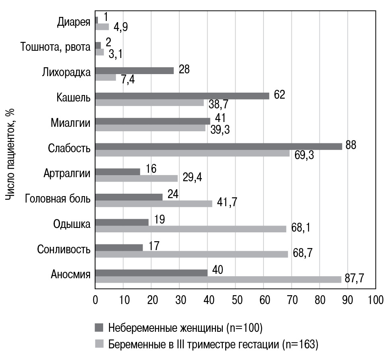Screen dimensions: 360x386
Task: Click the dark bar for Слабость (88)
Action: pyautogui.click(x=218, y=146)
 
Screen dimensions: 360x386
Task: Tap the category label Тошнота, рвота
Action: pyautogui.click(x=55, y=48)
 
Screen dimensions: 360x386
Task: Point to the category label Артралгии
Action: pyautogui.click(x=66, y=174)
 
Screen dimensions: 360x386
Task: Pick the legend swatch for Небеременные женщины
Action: pyautogui.click(x=99, y=327)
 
